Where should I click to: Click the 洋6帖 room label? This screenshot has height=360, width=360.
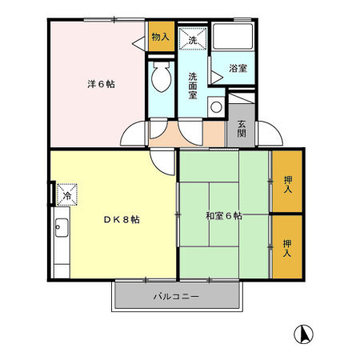100,84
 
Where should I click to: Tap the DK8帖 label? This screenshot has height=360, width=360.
121,219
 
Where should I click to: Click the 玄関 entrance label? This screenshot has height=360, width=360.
242,128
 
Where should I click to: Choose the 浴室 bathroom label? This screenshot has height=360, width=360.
238,69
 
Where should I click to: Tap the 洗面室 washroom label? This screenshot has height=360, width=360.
193,85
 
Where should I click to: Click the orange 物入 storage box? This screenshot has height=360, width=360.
160,38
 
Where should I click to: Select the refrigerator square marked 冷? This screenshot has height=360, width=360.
67,194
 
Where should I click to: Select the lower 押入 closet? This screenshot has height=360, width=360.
287,246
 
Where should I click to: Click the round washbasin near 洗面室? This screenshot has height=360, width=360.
214,107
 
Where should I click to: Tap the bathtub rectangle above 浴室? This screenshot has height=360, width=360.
232,38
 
